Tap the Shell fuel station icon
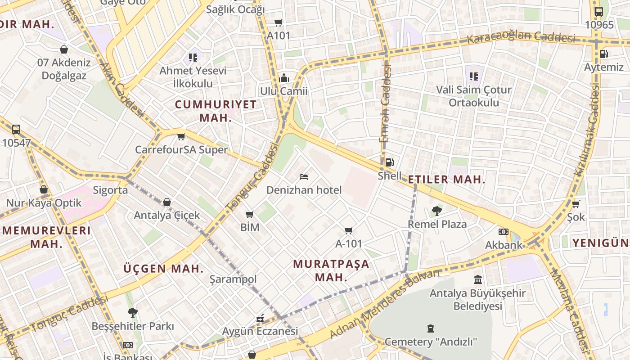pos(389,162)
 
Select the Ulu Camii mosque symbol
pos(283,78)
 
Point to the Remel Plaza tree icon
pos(436,211)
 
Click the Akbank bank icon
pos(504,232)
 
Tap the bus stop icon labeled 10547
pos(16,130)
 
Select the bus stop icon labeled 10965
pos(598,12)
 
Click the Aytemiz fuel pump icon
pos(603,54)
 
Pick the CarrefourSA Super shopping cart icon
pos(181,136)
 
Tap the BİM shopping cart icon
pos(250,214)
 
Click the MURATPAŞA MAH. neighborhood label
pos(331,270)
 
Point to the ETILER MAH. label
pos(446,180)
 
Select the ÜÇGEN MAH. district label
pos(163,269)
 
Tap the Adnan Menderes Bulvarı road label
pos(384,305)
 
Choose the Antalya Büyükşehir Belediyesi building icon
pos(478,280)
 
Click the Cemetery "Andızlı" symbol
pos(431,328)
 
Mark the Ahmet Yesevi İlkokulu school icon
pos(193,58)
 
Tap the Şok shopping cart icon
pos(576,204)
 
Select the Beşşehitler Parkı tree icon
pos(132,312)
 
